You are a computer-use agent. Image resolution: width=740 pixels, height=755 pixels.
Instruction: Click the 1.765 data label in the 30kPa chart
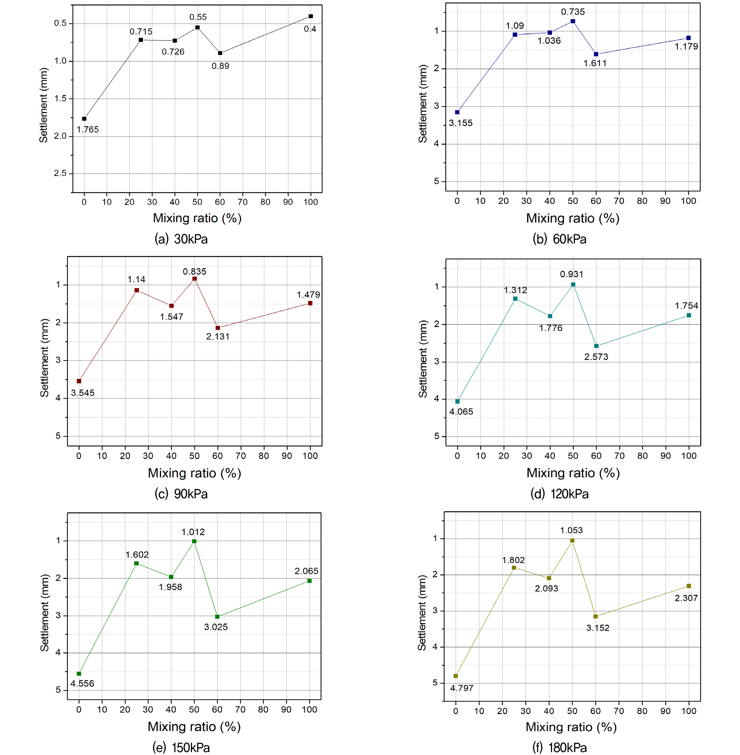[x=88, y=130]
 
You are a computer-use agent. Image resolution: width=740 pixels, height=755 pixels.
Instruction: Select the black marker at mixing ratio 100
[x=311, y=16]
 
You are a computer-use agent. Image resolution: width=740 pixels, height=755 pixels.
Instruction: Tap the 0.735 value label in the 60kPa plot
[x=573, y=12]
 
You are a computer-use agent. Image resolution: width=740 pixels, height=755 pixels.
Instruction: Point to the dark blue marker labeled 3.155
[x=457, y=112]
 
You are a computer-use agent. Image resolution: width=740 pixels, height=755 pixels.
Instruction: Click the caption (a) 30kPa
[x=181, y=239]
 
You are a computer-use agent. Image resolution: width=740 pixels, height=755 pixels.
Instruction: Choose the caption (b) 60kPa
[x=559, y=239]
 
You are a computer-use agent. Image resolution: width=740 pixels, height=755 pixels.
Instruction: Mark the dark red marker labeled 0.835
[x=195, y=279]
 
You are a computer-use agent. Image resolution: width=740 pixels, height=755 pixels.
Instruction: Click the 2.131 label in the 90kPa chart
[x=218, y=337]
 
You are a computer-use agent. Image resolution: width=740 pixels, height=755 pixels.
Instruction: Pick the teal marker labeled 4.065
[x=457, y=401]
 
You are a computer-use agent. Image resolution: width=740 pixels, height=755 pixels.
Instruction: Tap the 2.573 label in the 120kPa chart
[x=596, y=357]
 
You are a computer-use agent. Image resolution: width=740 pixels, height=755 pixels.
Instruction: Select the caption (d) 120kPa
[x=559, y=494]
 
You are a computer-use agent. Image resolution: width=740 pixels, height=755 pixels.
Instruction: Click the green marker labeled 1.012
[x=194, y=541]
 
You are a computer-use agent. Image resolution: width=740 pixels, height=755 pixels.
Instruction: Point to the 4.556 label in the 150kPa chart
[x=83, y=683]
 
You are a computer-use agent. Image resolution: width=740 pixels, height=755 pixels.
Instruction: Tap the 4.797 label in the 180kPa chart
[x=462, y=688]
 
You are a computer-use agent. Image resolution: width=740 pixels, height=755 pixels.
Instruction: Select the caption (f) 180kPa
[x=559, y=747]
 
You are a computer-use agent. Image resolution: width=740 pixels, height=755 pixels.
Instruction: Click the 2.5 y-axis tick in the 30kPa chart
[x=60, y=173]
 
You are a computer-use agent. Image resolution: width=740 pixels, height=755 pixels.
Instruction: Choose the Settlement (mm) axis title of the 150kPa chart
[x=44, y=612]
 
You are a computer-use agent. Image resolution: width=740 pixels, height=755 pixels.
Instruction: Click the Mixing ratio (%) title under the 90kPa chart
[x=194, y=473]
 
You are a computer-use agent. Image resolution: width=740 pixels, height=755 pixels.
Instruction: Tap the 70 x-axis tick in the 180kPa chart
[x=619, y=711]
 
